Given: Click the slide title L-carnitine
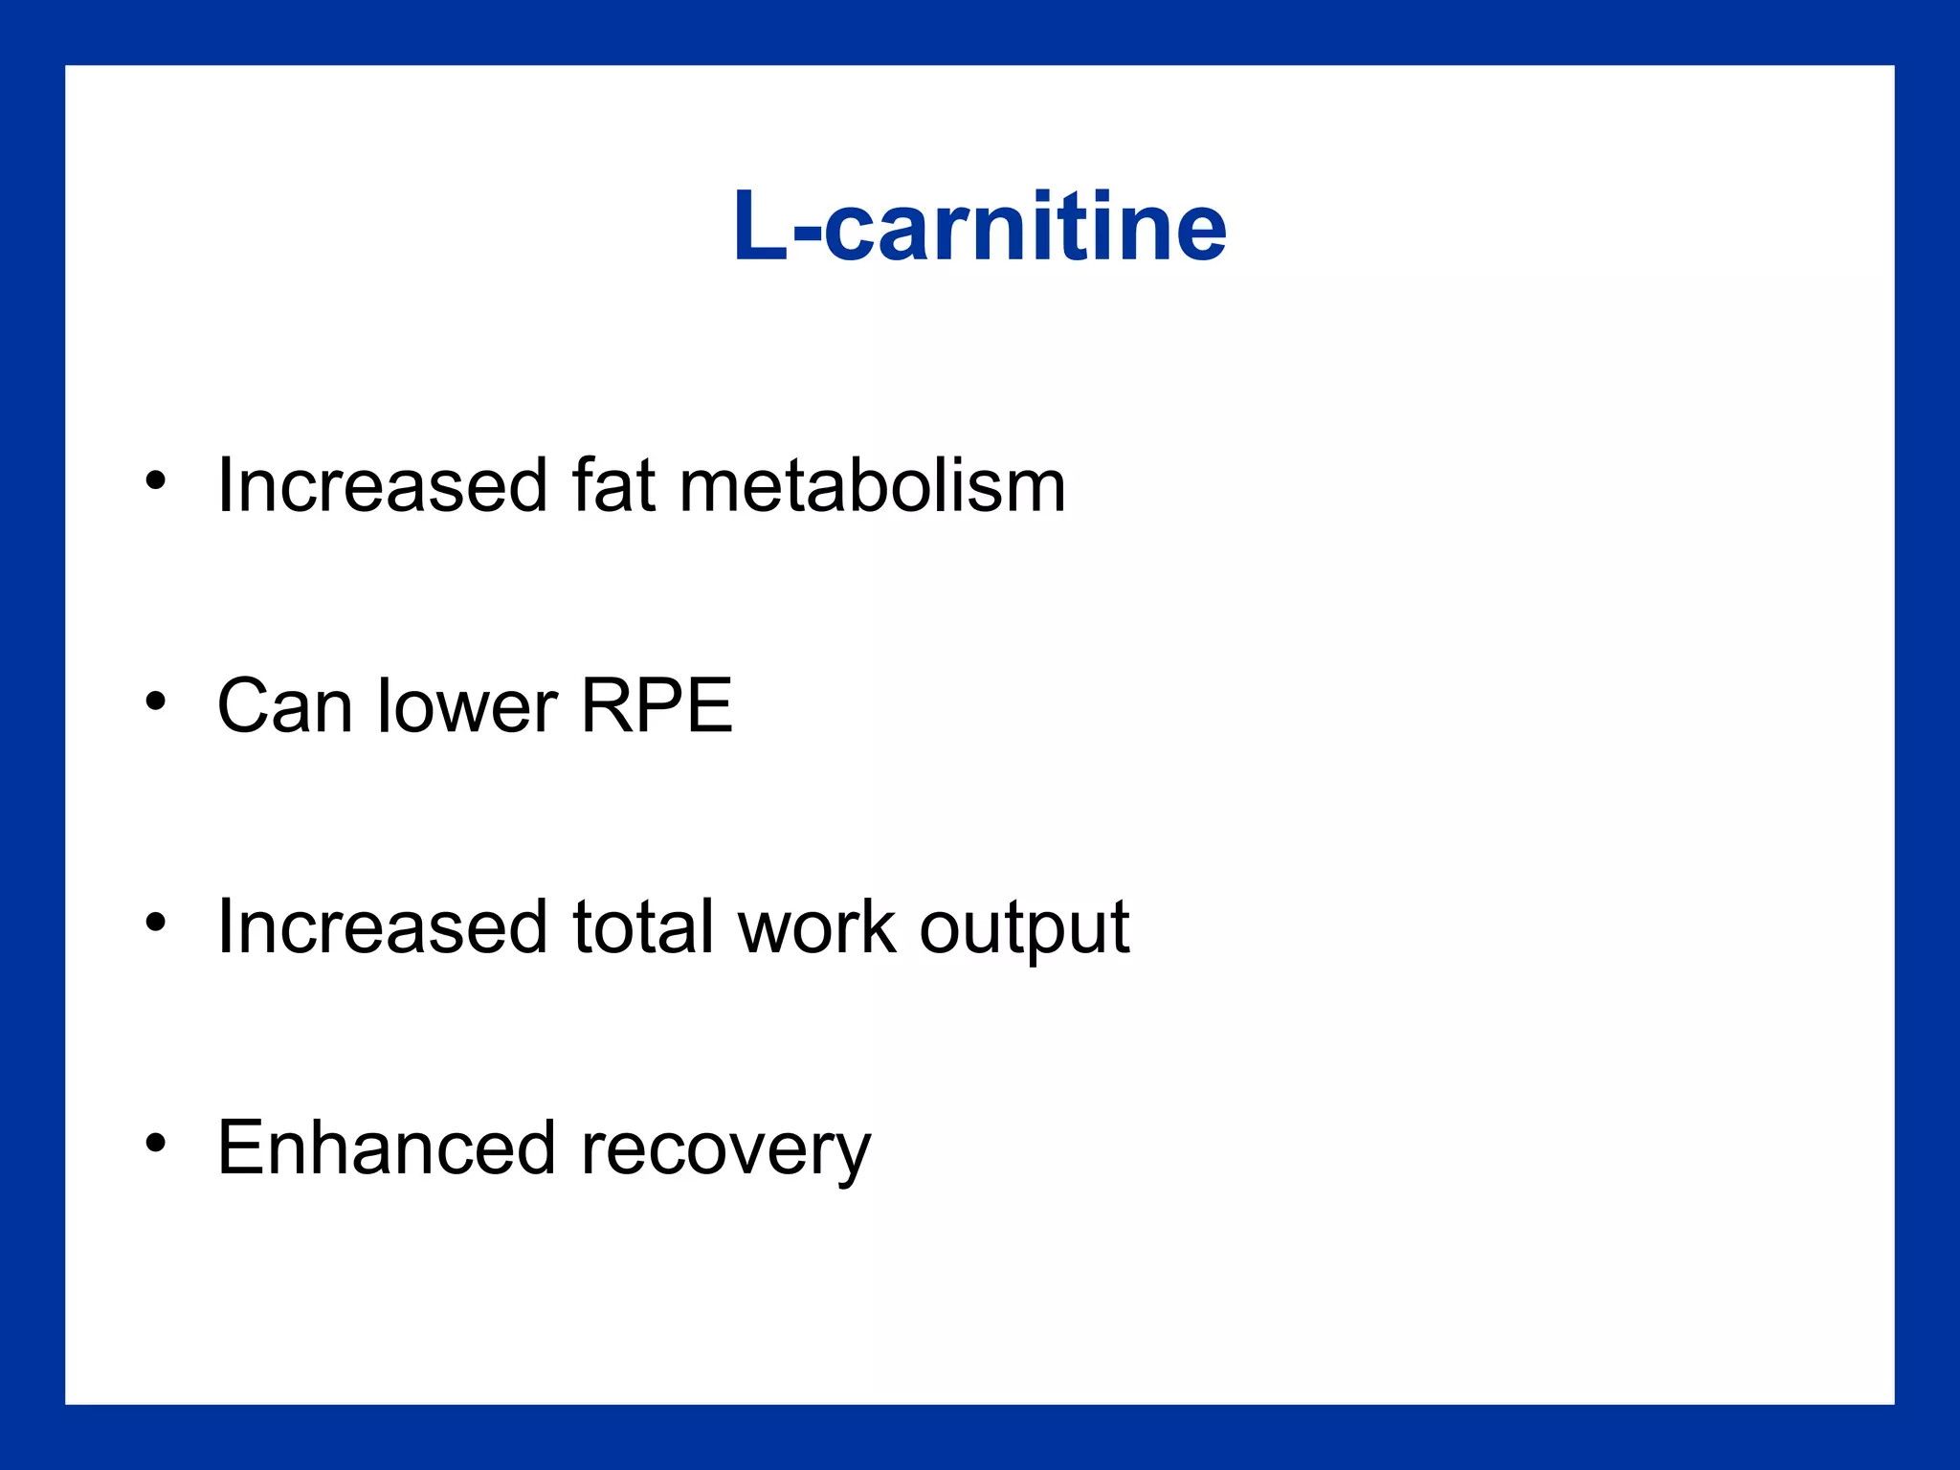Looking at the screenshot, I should tap(979, 227).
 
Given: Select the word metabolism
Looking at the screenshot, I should tap(872, 485).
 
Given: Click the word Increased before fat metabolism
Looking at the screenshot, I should tap(382, 485).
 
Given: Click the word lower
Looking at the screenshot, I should tap(467, 706).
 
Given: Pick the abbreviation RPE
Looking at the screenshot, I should tap(657, 706).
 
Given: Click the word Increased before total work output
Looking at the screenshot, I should tap(382, 926).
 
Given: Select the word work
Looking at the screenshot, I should tap(817, 926).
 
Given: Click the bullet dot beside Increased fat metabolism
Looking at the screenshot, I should tap(156, 480).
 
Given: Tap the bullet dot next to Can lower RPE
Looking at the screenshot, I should tap(156, 702).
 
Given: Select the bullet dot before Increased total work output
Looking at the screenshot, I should tap(156, 922).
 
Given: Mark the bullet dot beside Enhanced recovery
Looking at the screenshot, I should tap(156, 1143).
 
